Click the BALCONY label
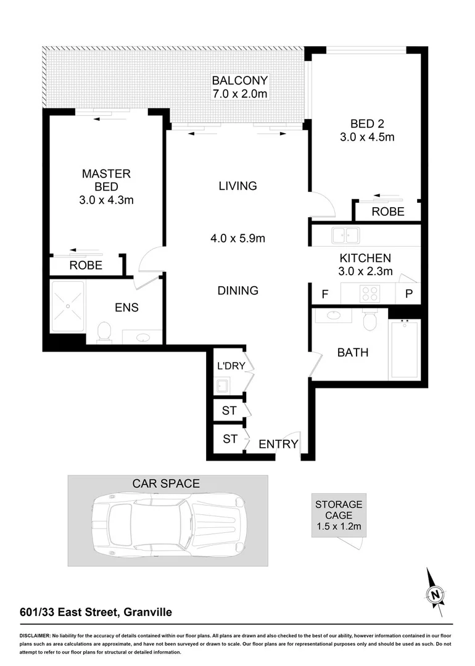[239, 80]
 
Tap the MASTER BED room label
[106, 181]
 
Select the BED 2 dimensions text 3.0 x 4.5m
[366, 138]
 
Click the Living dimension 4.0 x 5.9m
[238, 238]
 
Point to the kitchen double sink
[345, 236]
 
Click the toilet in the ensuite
[104, 332]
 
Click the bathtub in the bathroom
[404, 350]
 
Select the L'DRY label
[231, 366]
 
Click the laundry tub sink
[222, 386]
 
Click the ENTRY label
[278, 444]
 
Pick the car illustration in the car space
[168, 521]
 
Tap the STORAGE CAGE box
[339, 515]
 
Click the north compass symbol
[436, 594]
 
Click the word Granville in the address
[147, 612]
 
